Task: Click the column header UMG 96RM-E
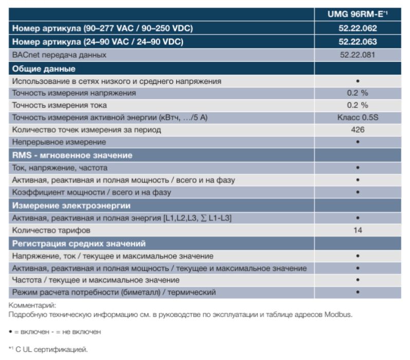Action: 357,14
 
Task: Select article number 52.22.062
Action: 357,29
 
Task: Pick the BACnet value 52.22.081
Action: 357,55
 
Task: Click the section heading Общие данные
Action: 44,68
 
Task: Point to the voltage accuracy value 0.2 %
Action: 357,93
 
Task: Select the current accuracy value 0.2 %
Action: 357,105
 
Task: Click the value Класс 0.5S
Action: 357,118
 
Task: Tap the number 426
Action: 357,130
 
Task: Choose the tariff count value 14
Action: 357,230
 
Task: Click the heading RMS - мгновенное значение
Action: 72,155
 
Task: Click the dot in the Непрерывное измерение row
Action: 357,142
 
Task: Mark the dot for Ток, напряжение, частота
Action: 357,168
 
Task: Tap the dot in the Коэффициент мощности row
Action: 357,192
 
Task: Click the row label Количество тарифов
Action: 51,230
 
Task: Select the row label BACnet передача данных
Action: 59,55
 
